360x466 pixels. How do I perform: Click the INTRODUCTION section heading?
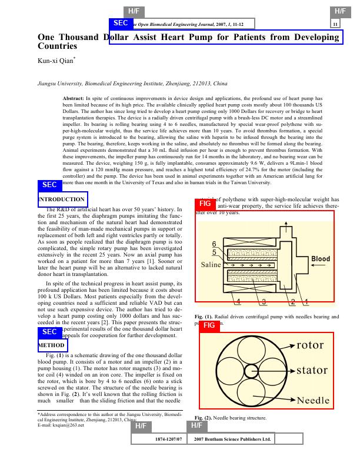tap(62, 199)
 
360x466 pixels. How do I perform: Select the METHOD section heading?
tap(52, 345)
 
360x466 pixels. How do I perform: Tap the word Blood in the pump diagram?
tap(321, 259)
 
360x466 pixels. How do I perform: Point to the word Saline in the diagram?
tap(211, 265)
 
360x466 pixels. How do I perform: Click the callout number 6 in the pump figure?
tap(214, 244)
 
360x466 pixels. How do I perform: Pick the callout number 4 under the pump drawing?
tap(238, 302)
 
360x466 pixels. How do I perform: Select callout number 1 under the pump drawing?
tap(306, 302)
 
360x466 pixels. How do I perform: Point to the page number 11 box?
tap(335, 24)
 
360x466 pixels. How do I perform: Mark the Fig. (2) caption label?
tap(203, 418)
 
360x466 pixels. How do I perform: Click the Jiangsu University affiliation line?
tap(125, 85)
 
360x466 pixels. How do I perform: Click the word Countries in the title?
tap(57, 45)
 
